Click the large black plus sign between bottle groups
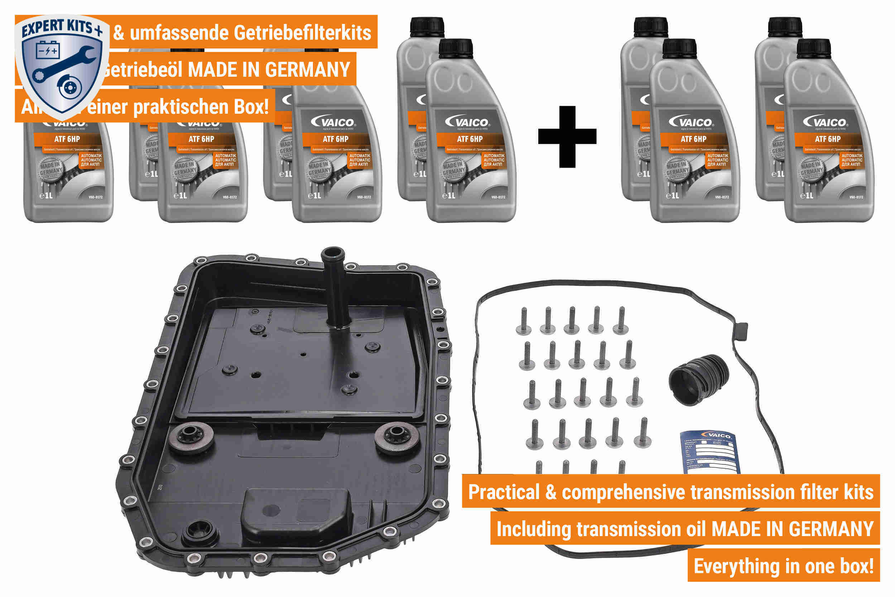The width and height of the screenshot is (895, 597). [567, 137]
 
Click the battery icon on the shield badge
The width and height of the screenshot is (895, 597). [48, 50]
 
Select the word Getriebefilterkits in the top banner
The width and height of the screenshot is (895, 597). [302, 32]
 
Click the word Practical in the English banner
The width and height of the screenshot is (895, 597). [504, 492]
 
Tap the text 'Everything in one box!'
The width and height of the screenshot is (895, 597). [784, 566]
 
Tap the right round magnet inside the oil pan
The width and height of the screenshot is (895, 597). [396, 438]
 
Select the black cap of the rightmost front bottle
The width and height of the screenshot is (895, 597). [814, 48]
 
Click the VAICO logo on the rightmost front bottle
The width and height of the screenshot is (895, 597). [828, 122]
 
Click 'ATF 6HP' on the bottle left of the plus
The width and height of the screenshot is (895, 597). [470, 139]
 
